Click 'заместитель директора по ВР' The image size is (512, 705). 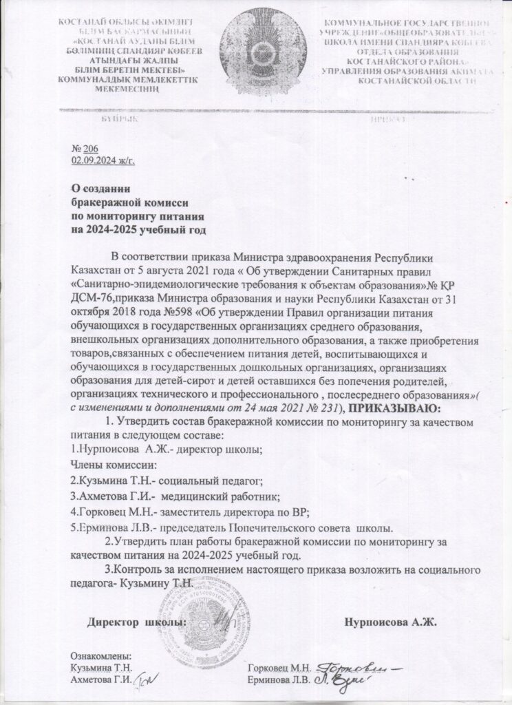(x=247, y=513)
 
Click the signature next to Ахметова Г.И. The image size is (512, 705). (x=145, y=681)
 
